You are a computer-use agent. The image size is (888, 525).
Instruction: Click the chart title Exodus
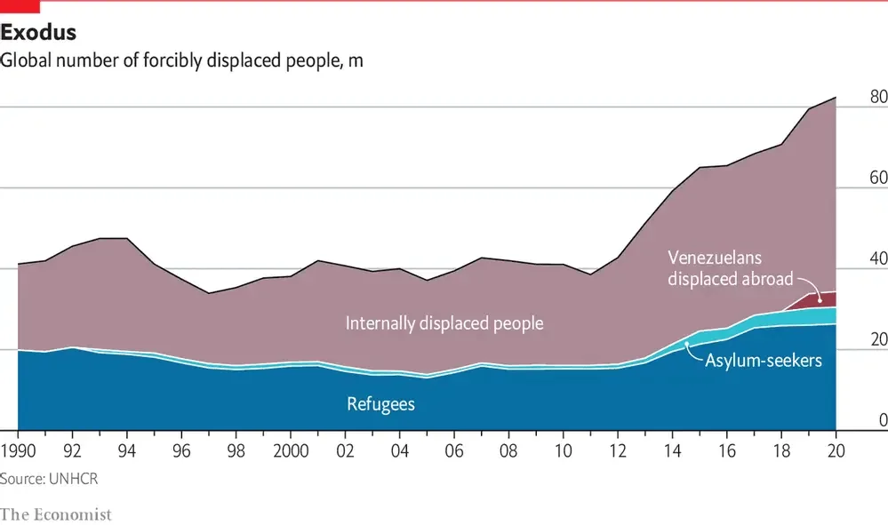pos(38,34)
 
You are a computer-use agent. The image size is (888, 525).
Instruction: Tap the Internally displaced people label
pos(444,323)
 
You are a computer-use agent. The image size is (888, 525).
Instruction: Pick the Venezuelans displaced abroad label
pos(730,268)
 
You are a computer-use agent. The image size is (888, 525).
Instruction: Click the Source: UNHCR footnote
pos(49,479)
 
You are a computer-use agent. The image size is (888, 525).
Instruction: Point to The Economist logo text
pos(56,513)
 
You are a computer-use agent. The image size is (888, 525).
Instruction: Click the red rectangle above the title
pos(20,7)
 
